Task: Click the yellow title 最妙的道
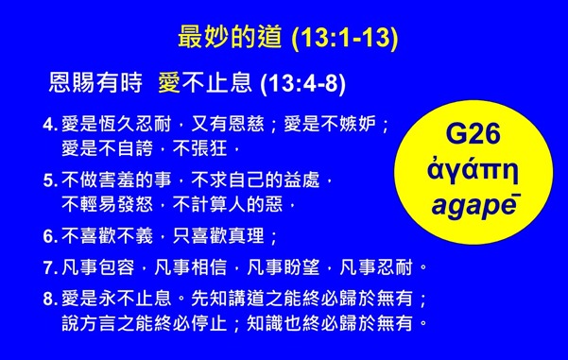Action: click(x=231, y=39)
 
